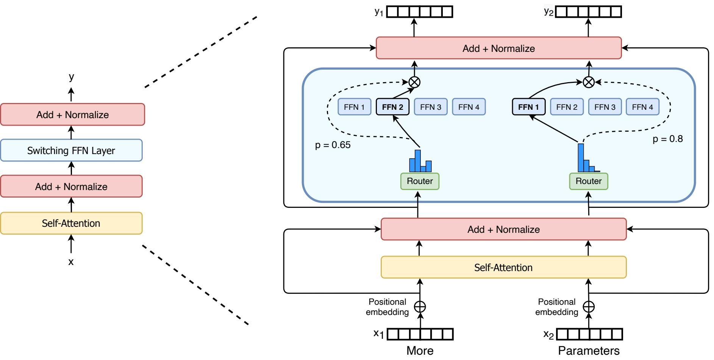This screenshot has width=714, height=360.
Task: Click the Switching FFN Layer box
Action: (71, 150)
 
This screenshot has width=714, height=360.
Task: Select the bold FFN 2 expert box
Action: (392, 107)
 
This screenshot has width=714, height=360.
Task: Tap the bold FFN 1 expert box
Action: (528, 107)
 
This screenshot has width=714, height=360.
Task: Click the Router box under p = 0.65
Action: (420, 181)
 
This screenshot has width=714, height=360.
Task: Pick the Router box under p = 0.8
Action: (588, 181)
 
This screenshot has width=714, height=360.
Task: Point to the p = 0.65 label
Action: (333, 145)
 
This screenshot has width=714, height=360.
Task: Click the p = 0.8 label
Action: (667, 139)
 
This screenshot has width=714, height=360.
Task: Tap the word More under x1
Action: (420, 351)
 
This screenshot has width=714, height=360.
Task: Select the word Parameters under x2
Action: (589, 351)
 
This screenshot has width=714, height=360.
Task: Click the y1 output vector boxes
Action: (420, 12)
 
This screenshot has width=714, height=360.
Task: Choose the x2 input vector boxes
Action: (589, 334)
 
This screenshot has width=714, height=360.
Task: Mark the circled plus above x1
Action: (420, 306)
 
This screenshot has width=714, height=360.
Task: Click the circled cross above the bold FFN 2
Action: (414, 82)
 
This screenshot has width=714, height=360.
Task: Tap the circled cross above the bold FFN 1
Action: (588, 82)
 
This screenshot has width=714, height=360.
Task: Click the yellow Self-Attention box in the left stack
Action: (71, 223)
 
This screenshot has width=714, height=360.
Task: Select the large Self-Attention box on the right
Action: (503, 267)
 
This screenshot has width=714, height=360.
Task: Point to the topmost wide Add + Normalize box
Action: (498, 48)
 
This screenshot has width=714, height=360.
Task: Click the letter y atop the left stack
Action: (71, 77)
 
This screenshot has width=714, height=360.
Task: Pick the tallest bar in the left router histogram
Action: (418, 161)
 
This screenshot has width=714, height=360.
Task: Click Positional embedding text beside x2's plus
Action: (556, 307)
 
